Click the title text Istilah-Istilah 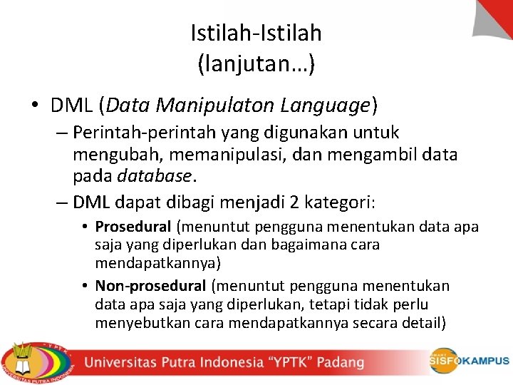pos(256,33)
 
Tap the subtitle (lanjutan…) pos(256,65)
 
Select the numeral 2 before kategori pos(294,202)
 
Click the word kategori pos(338,202)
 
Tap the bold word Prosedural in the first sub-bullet pos(133,227)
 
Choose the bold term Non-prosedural pos(151,286)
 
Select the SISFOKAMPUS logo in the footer pos(469,361)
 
